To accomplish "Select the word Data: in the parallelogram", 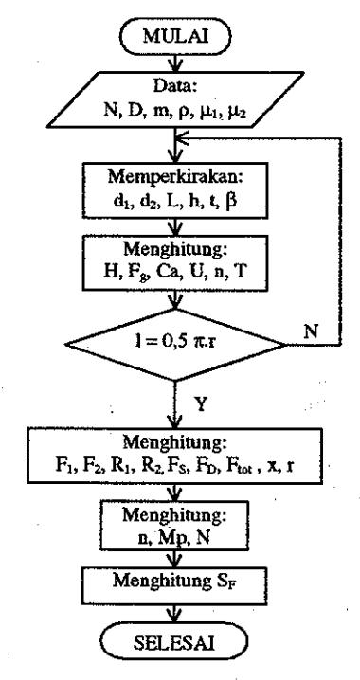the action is [175, 86].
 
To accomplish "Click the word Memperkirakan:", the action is [175, 177].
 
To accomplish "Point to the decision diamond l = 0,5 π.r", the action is [175, 345].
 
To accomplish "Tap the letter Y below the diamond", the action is [201, 404].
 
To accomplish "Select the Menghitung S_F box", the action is [175, 582].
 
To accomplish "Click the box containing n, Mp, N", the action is [175, 526].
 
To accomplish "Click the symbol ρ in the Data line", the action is [181, 113].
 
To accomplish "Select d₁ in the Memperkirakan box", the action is [119, 202].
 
